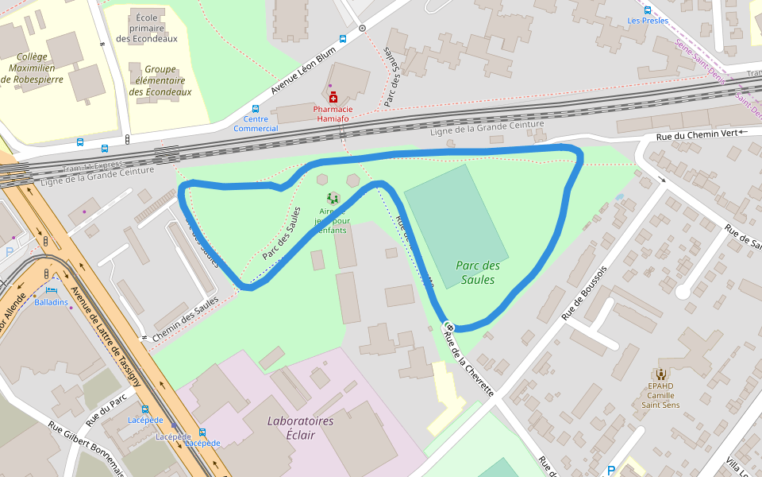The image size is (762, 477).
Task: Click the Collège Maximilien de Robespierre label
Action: click(33, 68)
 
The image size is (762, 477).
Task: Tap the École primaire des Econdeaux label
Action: click(147, 28)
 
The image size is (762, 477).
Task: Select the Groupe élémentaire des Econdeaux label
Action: click(160, 80)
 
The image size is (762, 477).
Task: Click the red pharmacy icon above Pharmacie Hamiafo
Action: click(333, 97)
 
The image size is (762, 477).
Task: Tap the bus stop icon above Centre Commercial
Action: click(256, 109)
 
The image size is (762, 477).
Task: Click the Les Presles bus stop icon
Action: click(648, 10)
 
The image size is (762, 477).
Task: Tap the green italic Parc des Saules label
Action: click(478, 273)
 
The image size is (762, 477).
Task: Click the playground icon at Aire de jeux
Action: click(333, 198)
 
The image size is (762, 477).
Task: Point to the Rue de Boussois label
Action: click(584, 293)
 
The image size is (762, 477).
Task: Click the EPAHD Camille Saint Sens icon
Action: click(660, 374)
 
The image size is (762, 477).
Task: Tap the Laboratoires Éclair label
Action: click(300, 428)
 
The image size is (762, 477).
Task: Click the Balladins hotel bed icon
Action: click(51, 290)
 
